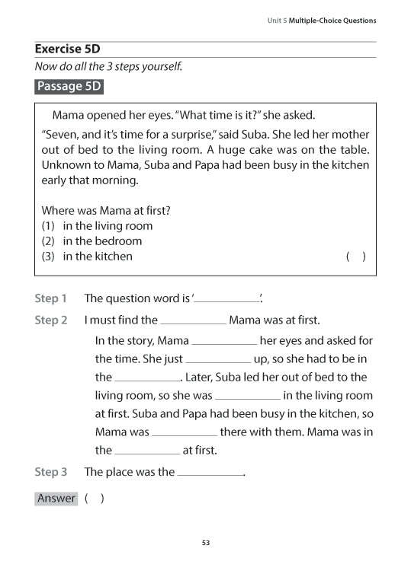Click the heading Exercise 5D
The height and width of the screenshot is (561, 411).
pos(68,49)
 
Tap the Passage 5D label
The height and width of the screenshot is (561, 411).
pos(69,86)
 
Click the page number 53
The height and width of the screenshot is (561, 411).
pos(205,542)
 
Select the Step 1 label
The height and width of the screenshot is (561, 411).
pos(51,298)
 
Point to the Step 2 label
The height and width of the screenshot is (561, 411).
pos(51,320)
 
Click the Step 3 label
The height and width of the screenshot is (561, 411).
pos(51,472)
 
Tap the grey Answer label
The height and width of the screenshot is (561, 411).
pos(56,499)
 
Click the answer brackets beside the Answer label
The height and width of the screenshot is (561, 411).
pos(95,499)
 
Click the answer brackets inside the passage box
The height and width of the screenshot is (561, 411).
pos(355,257)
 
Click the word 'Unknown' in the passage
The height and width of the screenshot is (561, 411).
pos(66,164)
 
